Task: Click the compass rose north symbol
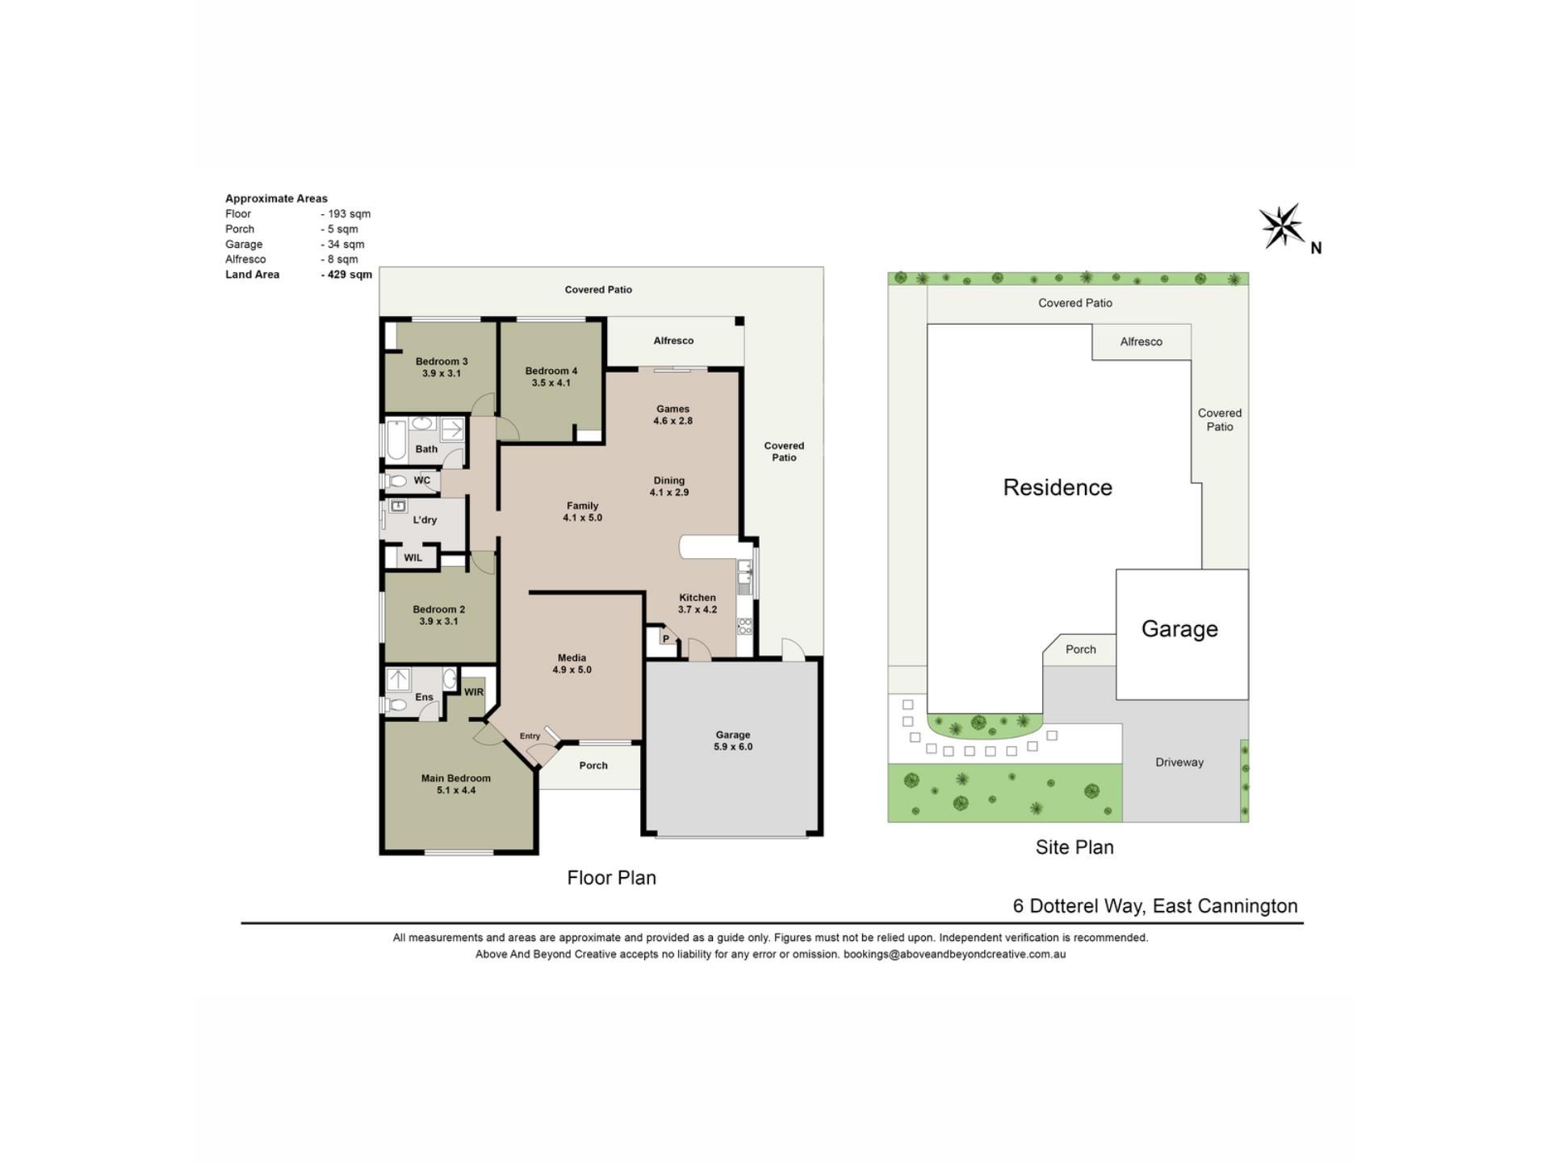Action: point(1281,225)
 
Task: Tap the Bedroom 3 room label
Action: point(442,361)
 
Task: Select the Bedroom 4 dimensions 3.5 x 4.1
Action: point(551,383)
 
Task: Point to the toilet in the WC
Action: point(396,481)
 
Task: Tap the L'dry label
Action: point(425,519)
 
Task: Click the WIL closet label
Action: point(413,557)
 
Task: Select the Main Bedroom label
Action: point(456,779)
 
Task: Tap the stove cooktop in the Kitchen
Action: point(745,626)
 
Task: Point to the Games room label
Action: point(673,409)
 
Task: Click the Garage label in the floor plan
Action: point(733,735)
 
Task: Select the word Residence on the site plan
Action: point(1058,487)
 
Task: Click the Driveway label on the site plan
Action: point(1179,762)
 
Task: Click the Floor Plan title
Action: point(612,878)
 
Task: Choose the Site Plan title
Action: point(1075,847)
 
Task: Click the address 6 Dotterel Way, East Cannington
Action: point(1155,906)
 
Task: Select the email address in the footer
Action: point(954,954)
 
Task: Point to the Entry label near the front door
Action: point(530,736)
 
